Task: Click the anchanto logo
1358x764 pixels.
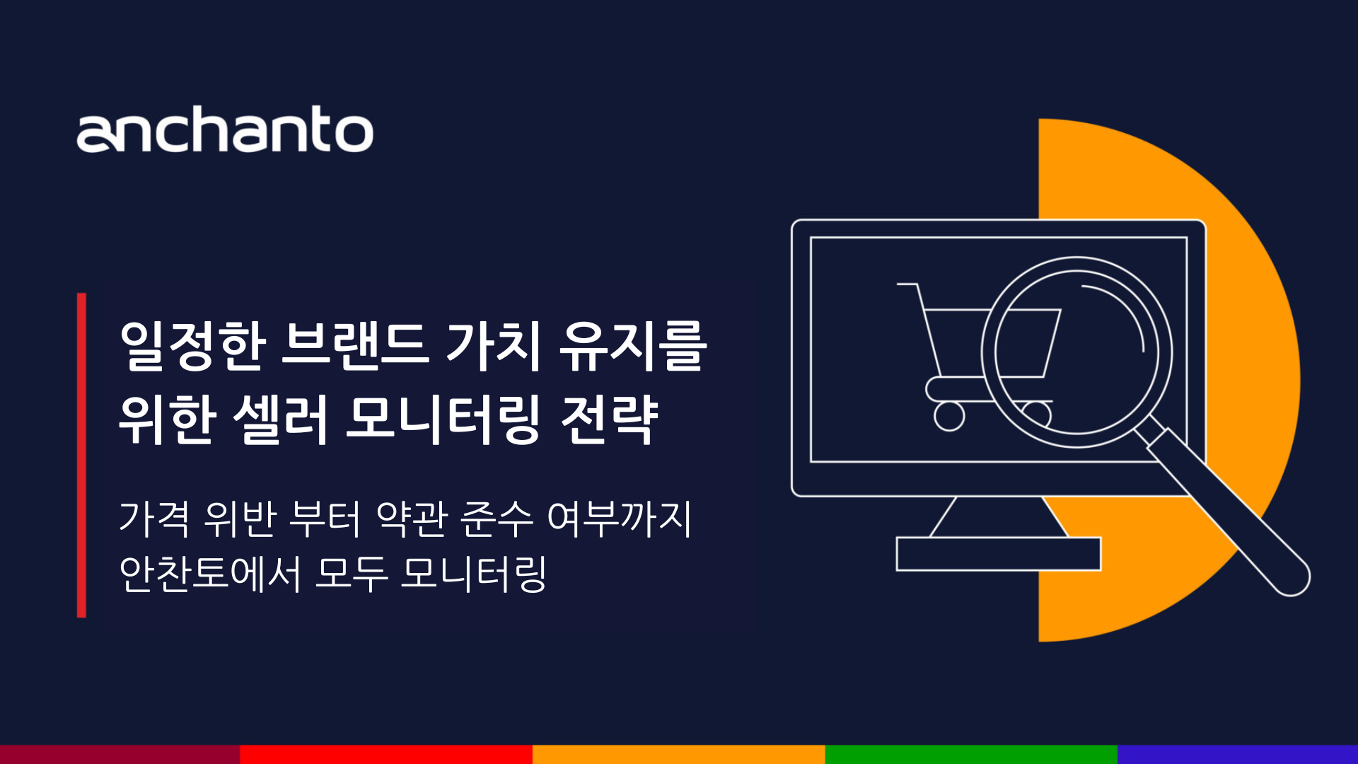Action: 225,130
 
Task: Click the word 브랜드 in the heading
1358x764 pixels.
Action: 354,347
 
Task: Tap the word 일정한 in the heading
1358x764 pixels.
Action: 192,347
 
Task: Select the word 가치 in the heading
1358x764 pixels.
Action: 493,347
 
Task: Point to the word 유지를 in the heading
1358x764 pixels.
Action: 633,347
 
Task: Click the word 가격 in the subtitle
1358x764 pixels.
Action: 154,519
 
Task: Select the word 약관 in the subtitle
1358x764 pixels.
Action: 412,519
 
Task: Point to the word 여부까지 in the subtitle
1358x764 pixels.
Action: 620,519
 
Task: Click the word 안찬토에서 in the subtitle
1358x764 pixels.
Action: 210,573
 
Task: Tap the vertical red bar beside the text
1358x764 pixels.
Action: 81,455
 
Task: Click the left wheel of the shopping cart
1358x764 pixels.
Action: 949,416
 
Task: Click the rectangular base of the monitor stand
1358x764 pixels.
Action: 998,554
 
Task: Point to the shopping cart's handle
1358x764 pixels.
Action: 908,285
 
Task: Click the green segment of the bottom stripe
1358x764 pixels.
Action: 970,754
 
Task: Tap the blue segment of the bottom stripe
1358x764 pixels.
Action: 1238,754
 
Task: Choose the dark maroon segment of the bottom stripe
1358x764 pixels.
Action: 120,754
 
